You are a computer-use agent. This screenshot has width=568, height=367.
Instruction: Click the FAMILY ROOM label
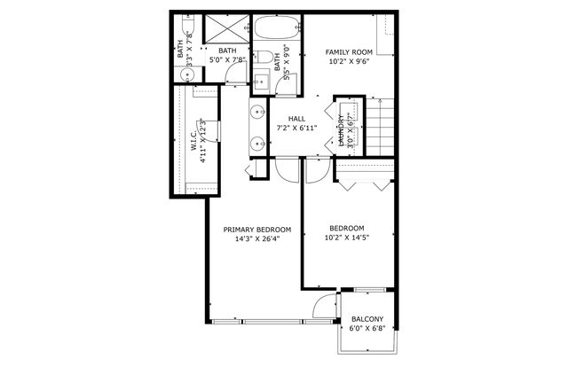(x=347, y=52)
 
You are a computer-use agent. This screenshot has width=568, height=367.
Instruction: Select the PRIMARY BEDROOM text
(x=256, y=229)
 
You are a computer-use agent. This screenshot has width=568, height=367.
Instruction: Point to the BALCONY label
(x=367, y=319)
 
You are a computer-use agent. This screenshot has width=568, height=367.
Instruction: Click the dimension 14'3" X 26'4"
(x=256, y=238)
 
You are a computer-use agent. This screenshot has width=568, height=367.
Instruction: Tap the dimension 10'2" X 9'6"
(x=347, y=62)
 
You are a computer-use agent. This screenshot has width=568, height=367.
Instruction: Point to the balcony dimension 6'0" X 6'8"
(x=367, y=329)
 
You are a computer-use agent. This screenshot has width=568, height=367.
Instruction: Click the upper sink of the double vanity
(x=258, y=113)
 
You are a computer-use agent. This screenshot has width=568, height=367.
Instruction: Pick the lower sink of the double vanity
(x=258, y=142)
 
